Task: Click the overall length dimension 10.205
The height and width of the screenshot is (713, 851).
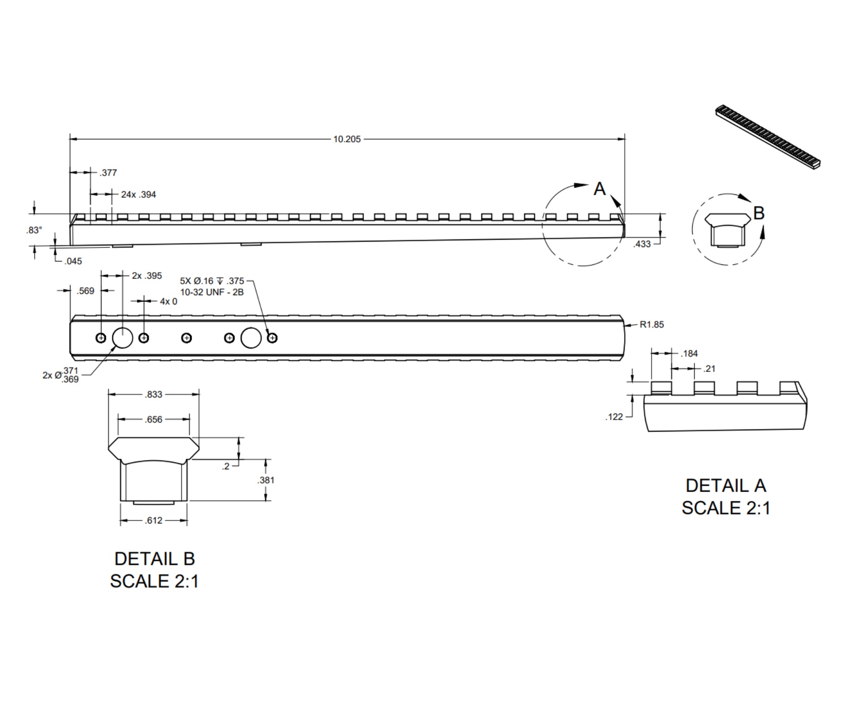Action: [x=347, y=139]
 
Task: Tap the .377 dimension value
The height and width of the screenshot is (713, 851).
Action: [x=108, y=173]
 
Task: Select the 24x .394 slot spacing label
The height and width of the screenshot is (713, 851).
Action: [x=139, y=194]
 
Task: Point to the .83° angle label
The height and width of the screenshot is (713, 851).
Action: [x=34, y=230]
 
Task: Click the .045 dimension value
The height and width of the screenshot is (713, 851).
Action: [x=73, y=261]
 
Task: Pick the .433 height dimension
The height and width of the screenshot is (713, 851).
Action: [x=642, y=244]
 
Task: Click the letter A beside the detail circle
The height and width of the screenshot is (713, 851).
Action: [x=600, y=189]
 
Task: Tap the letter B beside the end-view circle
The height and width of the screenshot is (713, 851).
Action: [x=759, y=213]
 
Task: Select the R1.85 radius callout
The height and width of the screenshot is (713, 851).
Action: [x=652, y=325]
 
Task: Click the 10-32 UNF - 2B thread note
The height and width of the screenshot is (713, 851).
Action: [x=212, y=292]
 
